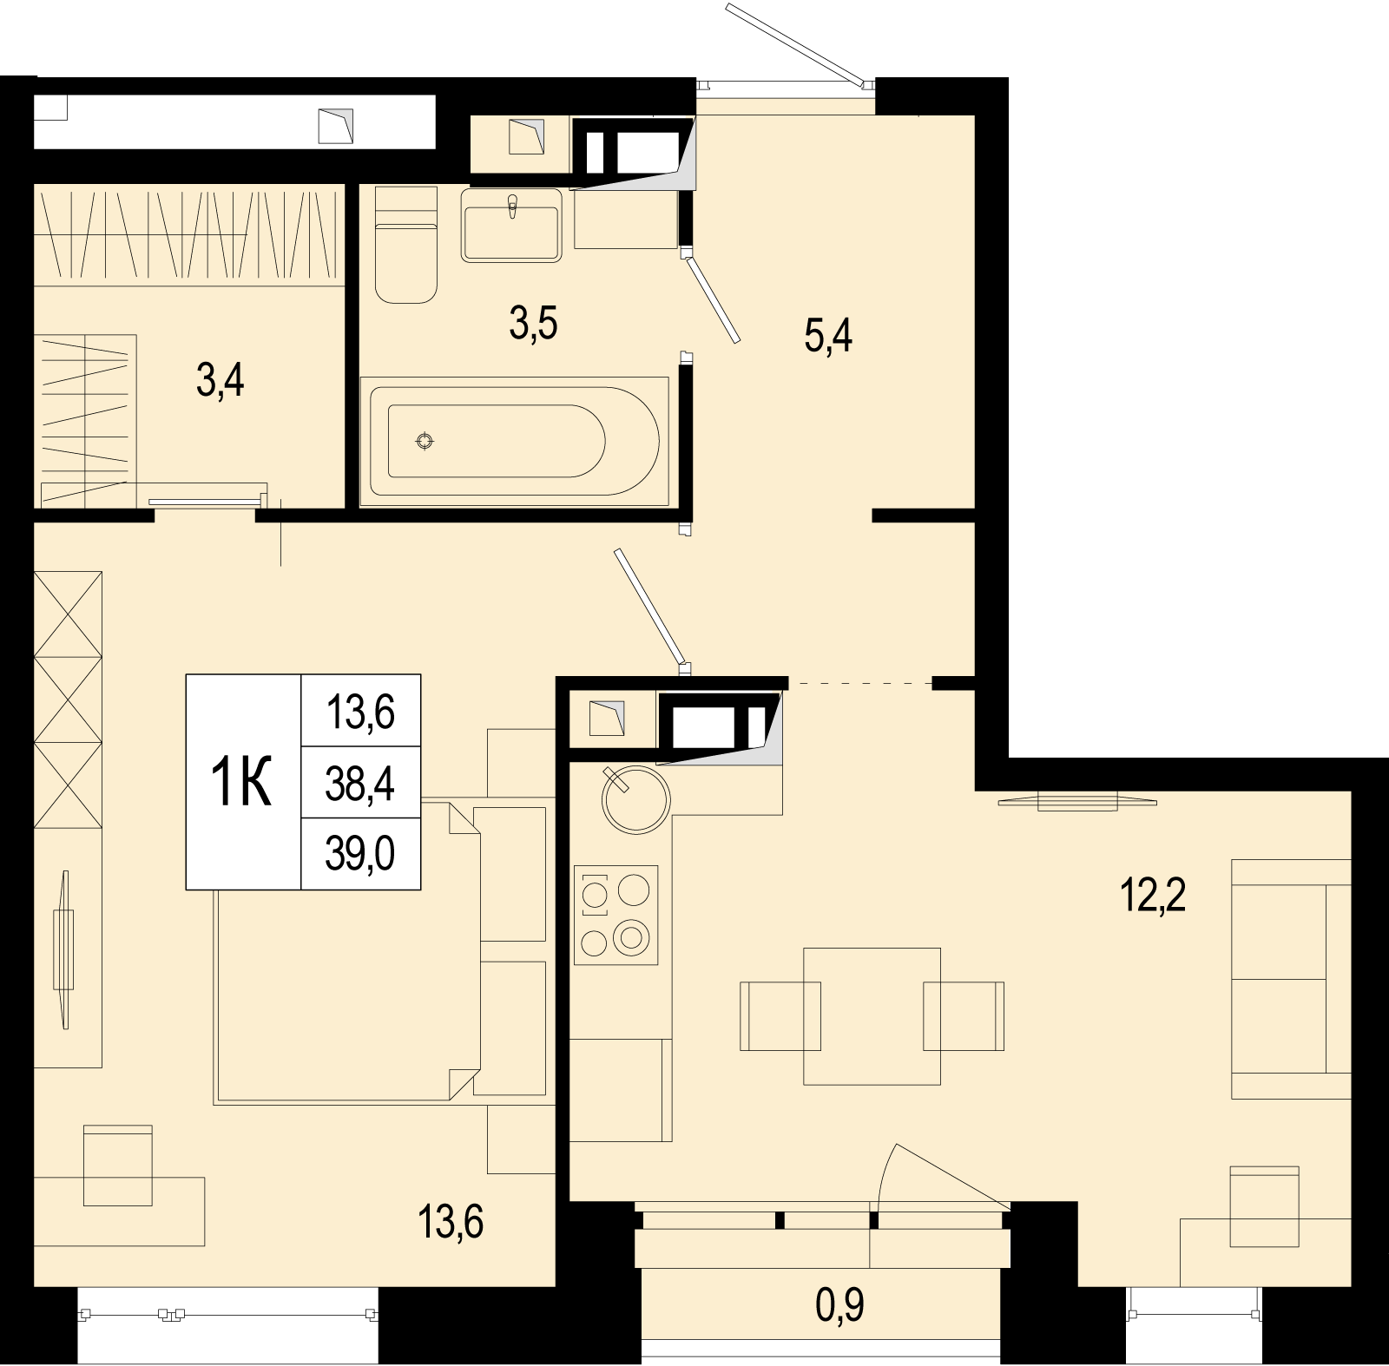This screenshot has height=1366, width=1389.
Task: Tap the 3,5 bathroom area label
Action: pyautogui.click(x=533, y=324)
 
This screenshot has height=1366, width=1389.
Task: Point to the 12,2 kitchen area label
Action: pyautogui.click(x=1152, y=895)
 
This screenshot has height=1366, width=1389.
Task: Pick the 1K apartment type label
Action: pyautogui.click(x=242, y=782)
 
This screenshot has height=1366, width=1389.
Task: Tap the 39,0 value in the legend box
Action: pyautogui.click(x=360, y=854)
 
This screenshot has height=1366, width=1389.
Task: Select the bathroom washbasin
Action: pyautogui.click(x=512, y=225)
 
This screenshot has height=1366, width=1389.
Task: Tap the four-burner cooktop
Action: pyautogui.click(x=616, y=915)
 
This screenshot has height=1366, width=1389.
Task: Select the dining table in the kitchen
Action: pyautogui.click(x=872, y=1016)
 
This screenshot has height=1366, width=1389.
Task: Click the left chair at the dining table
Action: pyautogui.click(x=780, y=1016)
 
